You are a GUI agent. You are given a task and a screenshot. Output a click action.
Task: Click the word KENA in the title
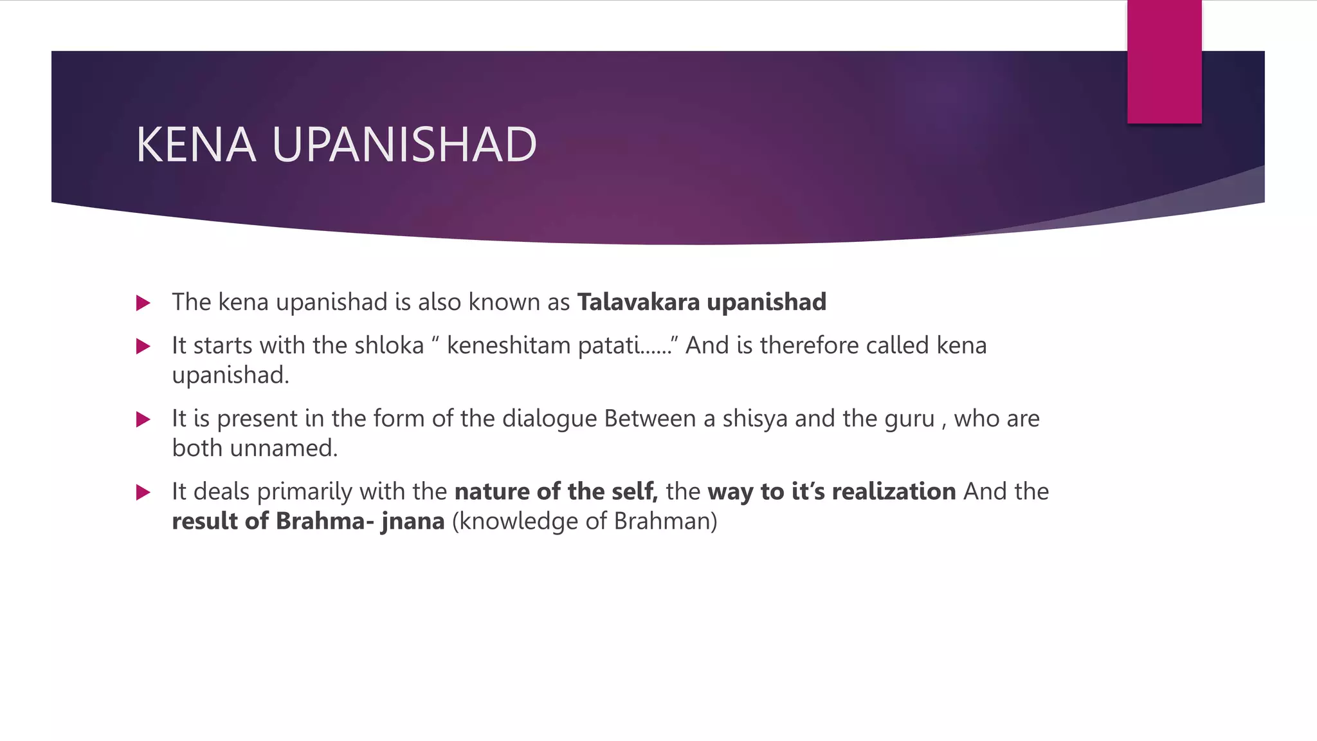(196, 145)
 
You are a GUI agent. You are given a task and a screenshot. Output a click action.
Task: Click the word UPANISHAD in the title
(404, 145)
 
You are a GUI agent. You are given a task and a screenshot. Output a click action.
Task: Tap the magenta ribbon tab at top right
(1164, 62)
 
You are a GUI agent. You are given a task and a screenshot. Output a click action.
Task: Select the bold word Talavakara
(638, 302)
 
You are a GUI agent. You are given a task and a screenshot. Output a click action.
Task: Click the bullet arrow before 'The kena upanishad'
(143, 303)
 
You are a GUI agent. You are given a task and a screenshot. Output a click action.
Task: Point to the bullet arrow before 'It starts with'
(143, 347)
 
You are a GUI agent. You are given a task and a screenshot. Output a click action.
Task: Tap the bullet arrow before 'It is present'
(143, 419)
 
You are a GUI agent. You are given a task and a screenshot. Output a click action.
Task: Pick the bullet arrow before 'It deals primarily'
(143, 493)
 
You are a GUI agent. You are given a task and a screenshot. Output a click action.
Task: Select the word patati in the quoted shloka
(609, 345)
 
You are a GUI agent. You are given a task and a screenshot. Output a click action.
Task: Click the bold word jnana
(413, 521)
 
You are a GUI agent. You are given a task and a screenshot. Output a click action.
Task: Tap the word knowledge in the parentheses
(518, 521)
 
